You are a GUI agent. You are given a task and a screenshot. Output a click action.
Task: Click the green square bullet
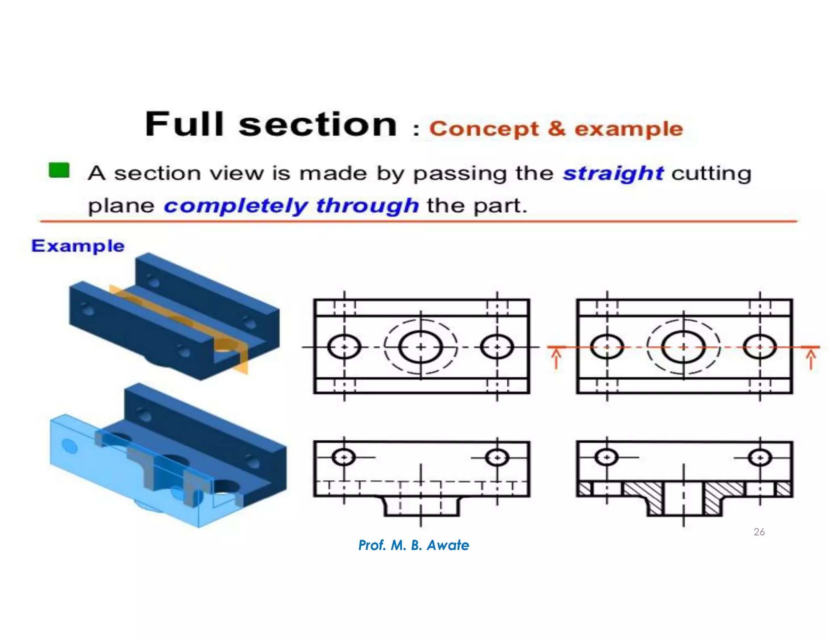point(59,170)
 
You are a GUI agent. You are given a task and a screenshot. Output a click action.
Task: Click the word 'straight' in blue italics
point(613,174)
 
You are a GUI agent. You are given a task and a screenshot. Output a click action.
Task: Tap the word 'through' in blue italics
point(367,206)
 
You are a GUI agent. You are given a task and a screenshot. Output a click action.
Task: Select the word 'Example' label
point(78,246)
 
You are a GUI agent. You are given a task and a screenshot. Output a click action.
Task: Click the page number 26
point(759,532)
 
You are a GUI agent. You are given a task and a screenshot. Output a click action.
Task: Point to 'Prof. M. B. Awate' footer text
point(414,545)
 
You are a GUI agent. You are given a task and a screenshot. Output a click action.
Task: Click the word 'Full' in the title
point(184,124)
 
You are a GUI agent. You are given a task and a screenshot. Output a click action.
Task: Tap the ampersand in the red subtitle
point(556,129)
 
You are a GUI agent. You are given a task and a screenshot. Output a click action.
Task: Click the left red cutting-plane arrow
point(556,359)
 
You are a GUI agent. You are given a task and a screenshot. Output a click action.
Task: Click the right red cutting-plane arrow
point(811,359)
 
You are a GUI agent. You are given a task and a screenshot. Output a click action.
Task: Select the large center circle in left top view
point(420,347)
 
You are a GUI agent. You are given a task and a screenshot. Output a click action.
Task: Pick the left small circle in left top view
point(344,347)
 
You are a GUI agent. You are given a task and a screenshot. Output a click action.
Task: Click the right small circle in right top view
point(760,347)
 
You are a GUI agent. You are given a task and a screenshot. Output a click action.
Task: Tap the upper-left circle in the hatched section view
point(606,458)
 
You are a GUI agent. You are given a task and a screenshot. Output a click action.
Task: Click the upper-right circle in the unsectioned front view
point(497,458)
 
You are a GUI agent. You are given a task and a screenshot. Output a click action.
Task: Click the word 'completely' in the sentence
point(236,206)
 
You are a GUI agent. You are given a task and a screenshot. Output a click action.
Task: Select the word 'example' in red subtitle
point(629,129)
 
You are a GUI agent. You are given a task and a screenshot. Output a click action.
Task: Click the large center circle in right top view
point(683,347)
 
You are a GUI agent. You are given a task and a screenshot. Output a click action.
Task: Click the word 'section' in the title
point(318,124)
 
